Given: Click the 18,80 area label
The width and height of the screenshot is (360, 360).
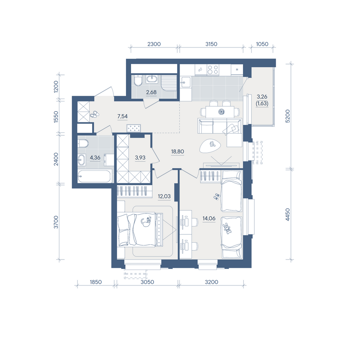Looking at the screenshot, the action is click(177, 152).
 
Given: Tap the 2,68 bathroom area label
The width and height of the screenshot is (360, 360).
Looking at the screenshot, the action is click(151, 92).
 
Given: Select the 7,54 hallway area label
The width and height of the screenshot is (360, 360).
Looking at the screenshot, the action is click(122, 116).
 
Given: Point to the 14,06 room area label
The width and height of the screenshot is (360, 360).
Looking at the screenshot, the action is click(209, 219).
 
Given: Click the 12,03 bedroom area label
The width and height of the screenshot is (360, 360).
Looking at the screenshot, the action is click(164, 196).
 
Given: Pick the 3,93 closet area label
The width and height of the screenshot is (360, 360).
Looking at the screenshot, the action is click(140, 158).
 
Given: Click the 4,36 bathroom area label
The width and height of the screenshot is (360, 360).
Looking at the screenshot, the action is click(95, 158).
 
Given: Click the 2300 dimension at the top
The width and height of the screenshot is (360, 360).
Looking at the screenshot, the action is click(154, 44).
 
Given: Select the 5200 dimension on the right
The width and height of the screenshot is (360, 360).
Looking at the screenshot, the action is click(287, 116).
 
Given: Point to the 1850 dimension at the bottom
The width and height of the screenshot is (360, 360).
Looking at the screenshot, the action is click(95, 282).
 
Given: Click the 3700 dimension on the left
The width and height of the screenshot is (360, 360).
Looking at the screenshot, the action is click(56, 222).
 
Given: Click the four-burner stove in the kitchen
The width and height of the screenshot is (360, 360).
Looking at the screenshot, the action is click(213, 69).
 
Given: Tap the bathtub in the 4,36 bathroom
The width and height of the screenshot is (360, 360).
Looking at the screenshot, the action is click(95, 176).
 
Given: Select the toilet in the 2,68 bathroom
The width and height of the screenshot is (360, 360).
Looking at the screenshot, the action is click(138, 80).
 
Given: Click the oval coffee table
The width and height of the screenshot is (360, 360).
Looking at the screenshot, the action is click(210, 146).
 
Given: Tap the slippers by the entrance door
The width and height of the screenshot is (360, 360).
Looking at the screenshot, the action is click(94, 114).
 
